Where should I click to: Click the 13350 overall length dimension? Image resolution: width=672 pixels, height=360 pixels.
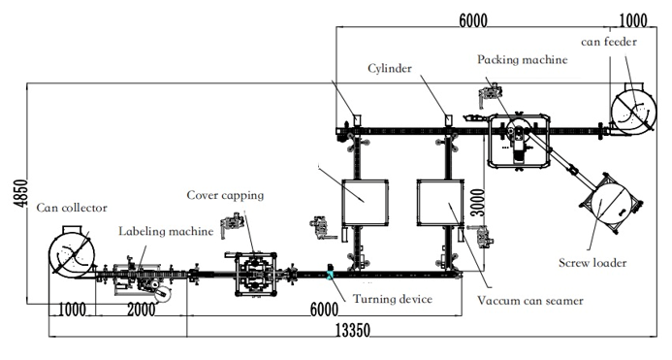click(352, 330)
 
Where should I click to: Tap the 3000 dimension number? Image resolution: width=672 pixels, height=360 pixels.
click(478, 203)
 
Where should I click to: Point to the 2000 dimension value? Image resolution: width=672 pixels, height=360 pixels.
click(141, 309)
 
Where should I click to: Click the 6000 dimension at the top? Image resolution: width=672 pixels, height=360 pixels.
click(472, 20)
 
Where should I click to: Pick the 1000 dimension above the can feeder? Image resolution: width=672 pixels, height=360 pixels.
click(633, 20)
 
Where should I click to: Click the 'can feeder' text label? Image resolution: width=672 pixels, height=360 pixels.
click(609, 42)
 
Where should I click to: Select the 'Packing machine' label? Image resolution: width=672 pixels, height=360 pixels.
click(523, 59)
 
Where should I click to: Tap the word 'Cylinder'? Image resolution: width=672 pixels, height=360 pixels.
click(390, 69)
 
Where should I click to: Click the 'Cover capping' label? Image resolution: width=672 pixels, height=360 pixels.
click(225, 196)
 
